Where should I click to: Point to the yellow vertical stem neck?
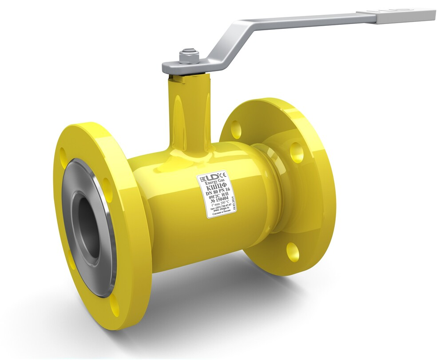pos(186,111)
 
